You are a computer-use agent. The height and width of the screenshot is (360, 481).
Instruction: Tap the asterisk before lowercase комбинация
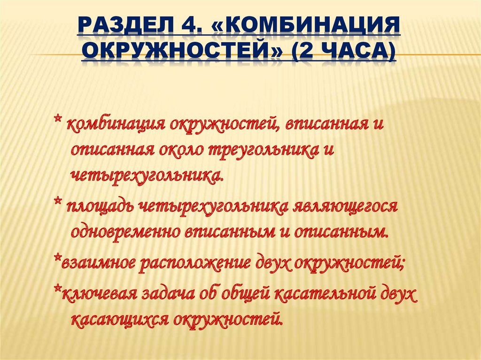click(x=57, y=123)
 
